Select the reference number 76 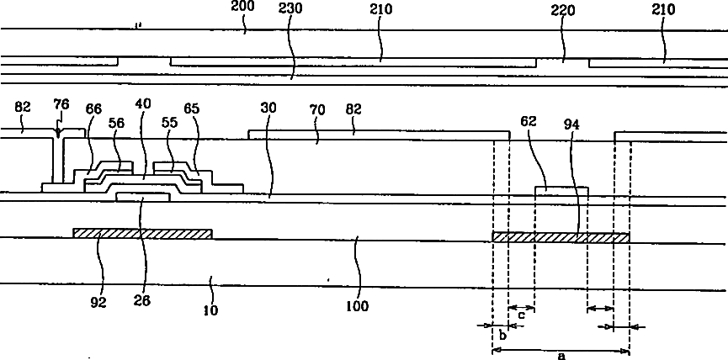[x=61, y=104]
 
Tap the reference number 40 [x=145, y=104]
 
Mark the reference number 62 [x=550, y=120]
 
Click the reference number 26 [x=141, y=299]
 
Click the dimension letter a [x=561, y=356]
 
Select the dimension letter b [x=502, y=336]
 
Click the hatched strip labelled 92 [x=142, y=233]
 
